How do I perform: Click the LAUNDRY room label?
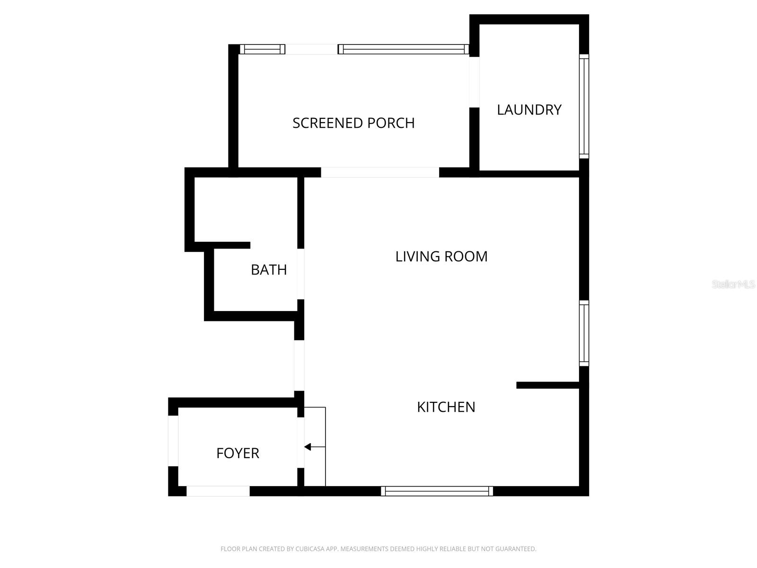tap(529, 110)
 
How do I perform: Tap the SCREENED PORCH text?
tap(353, 123)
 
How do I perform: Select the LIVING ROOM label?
tap(441, 257)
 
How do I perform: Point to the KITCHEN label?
tap(446, 407)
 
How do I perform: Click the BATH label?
tap(269, 270)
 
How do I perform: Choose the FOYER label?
tap(238, 453)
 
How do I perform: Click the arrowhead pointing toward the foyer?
tap(308, 447)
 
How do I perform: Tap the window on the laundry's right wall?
tap(584, 106)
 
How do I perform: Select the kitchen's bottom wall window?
tap(437, 491)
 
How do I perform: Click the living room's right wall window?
tap(584, 333)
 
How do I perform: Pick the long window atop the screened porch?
tap(403, 49)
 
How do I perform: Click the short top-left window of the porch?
tap(263, 49)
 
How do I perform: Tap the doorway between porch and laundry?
tap(474, 82)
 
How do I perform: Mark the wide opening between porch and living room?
tap(380, 172)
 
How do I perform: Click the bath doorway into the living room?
tap(300, 274)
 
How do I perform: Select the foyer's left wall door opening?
tap(173, 441)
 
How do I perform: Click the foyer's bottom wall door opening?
tap(218, 491)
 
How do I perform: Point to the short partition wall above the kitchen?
tap(548, 385)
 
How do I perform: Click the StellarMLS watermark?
tap(733, 284)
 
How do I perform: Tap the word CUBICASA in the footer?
tap(309, 549)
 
